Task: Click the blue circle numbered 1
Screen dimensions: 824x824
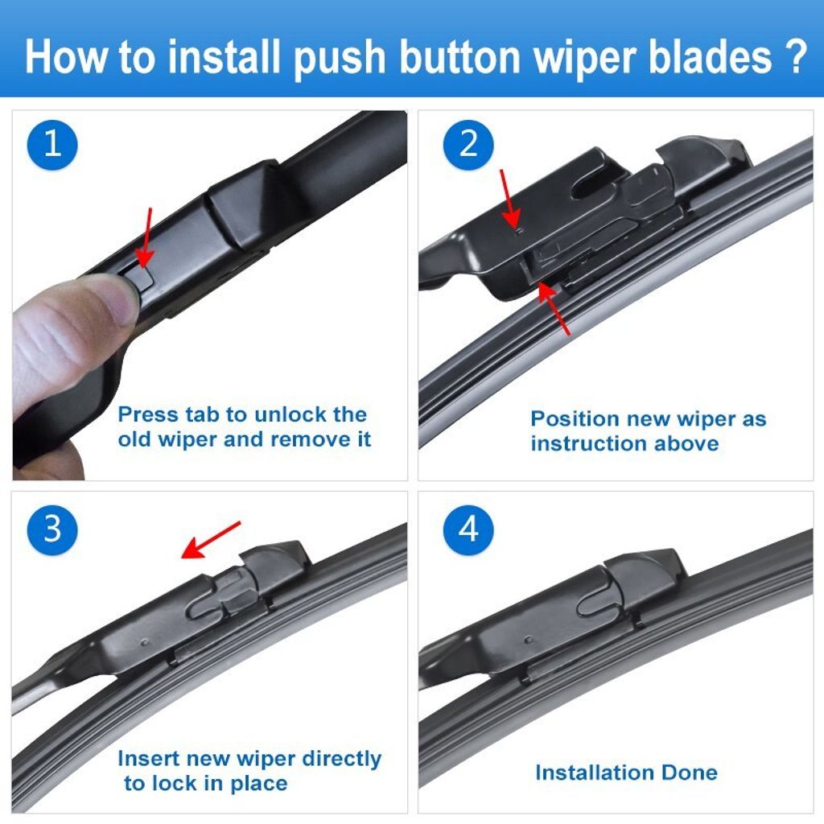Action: tap(52, 144)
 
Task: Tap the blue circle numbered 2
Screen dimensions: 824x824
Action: tap(468, 144)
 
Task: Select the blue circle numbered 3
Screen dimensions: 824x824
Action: tap(52, 529)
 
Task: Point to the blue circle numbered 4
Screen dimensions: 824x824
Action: tap(468, 529)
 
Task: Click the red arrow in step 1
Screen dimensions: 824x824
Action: tap(146, 237)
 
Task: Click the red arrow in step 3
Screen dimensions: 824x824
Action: tap(210, 539)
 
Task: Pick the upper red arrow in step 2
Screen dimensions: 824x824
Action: tap(510, 198)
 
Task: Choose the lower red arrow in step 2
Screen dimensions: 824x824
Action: tap(554, 307)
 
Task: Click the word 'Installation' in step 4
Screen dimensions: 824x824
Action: tap(594, 772)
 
